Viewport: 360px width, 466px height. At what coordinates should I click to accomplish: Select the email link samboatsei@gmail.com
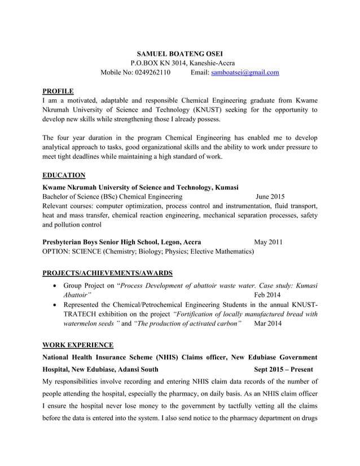(245, 72)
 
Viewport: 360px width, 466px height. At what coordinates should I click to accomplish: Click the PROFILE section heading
(58, 91)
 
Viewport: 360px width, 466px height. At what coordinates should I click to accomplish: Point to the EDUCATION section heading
(64, 175)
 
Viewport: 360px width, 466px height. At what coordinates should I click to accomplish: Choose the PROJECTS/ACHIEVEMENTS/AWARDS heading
(107, 273)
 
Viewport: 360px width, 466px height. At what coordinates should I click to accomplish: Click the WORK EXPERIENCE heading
(78, 345)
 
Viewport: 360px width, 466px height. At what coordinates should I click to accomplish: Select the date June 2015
(270, 197)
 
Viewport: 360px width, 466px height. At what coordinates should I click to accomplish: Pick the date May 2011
(268, 242)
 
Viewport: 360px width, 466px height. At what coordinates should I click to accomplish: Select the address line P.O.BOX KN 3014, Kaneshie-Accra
(179, 63)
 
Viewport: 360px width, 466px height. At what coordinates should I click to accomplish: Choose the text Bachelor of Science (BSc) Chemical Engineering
(112, 197)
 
